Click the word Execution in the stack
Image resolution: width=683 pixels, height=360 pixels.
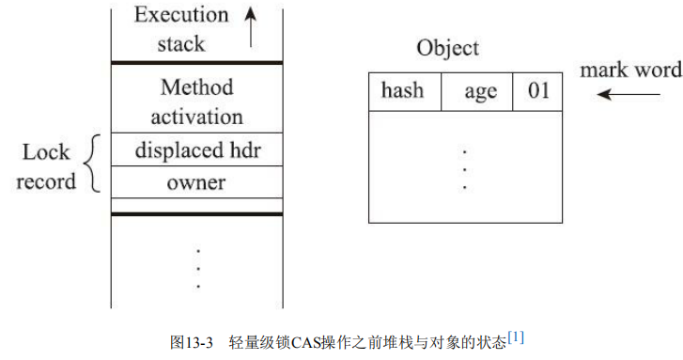180,15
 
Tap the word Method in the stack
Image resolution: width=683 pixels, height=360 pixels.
196,88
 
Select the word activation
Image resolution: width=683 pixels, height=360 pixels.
196,117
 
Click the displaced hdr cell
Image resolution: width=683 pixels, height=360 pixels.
196,149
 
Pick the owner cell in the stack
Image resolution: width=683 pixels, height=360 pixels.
196,181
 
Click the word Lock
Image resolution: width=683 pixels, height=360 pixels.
46,152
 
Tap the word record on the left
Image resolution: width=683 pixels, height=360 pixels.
46,180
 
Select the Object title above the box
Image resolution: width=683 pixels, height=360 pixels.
447,49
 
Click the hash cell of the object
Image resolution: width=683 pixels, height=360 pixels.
402,92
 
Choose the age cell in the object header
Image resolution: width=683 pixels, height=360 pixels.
480,92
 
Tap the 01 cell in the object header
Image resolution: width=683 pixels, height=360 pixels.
538,92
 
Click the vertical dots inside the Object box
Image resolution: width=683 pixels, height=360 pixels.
465,168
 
